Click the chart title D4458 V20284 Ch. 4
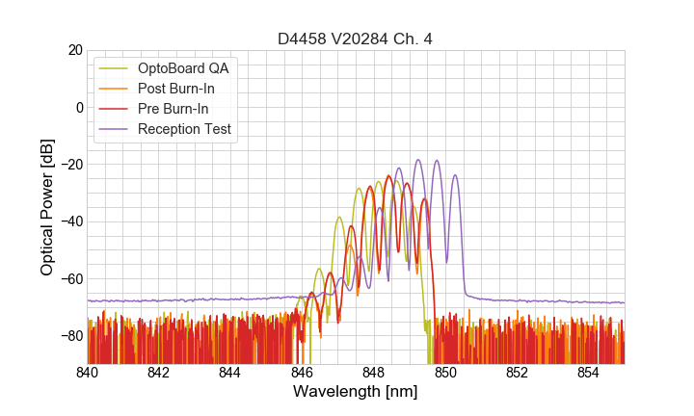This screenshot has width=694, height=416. [356, 39]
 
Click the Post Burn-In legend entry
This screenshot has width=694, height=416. [175, 89]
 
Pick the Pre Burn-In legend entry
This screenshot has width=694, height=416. [173, 109]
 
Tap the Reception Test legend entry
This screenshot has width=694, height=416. [184, 129]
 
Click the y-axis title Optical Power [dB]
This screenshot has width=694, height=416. [47, 206]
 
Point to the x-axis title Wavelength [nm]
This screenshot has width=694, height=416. [356, 392]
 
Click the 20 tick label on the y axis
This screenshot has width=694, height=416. [74, 50]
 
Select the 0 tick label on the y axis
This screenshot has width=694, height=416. [78, 107]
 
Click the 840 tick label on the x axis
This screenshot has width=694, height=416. [88, 372]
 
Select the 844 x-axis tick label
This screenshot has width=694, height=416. [230, 372]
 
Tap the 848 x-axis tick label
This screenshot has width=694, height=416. [374, 372]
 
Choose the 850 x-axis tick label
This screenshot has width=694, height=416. [445, 372]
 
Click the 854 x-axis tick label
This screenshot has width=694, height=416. [589, 372]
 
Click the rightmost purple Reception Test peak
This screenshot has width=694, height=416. [455, 175]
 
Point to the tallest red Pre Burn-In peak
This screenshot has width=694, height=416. [388, 176]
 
